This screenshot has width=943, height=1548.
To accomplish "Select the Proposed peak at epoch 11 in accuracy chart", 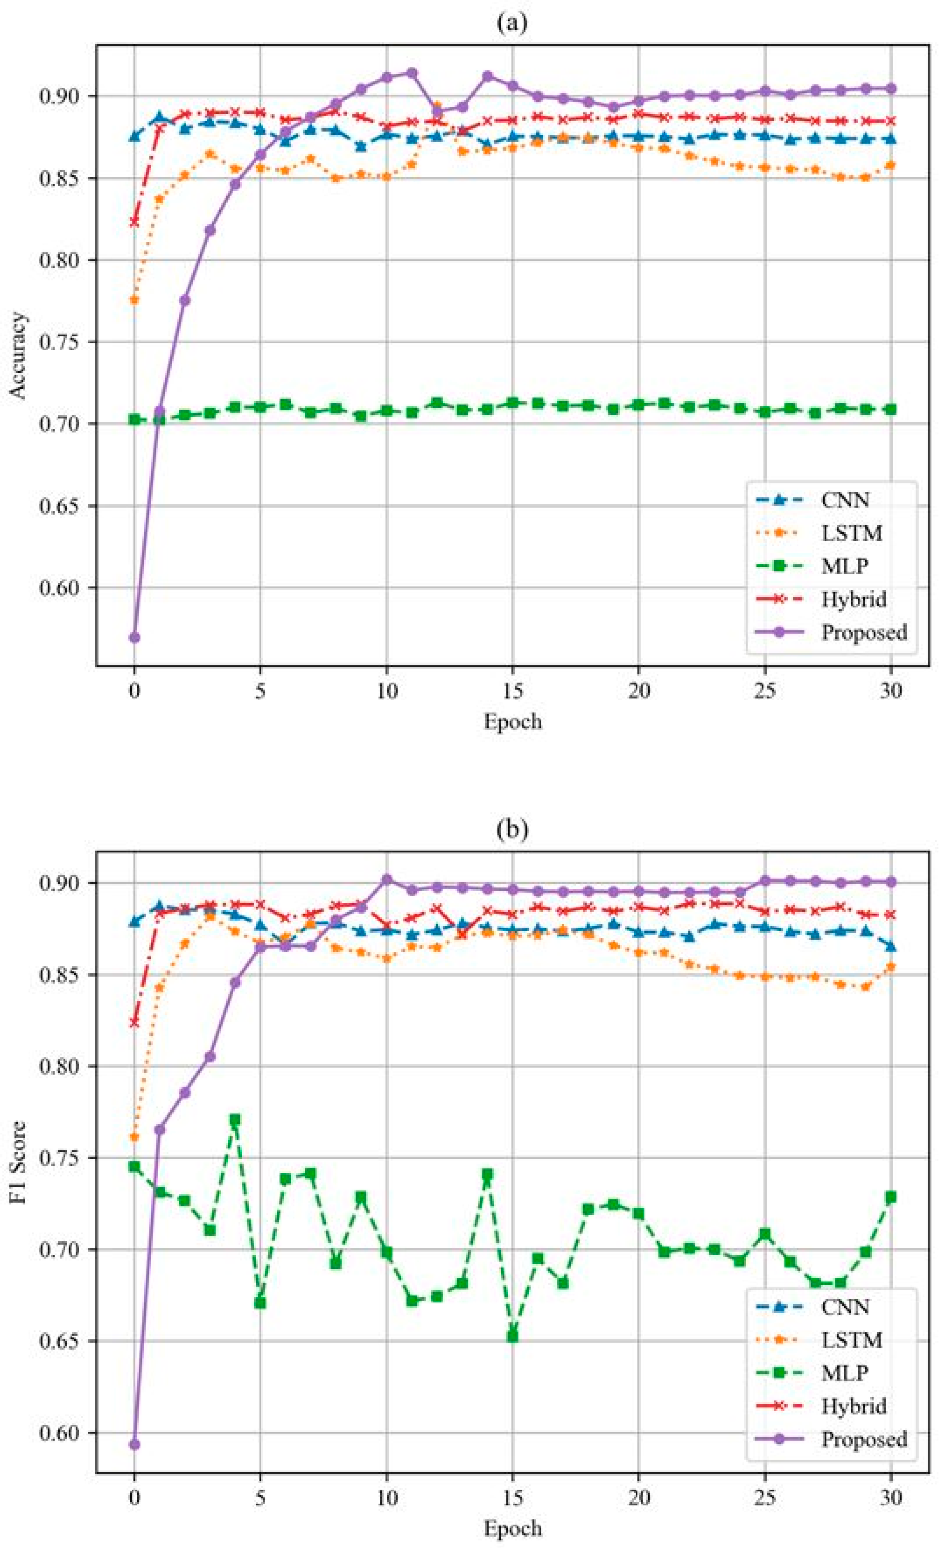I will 411,73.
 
